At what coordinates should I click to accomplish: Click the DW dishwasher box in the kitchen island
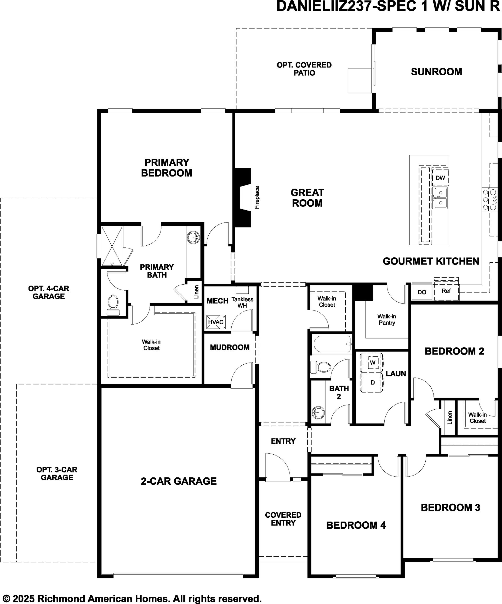[440, 178]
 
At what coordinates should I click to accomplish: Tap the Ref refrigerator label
[446, 291]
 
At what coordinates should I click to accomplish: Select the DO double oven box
[422, 292]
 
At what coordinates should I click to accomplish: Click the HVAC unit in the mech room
[216, 322]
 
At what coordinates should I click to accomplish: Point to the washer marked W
[373, 362]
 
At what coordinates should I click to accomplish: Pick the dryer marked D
[373, 382]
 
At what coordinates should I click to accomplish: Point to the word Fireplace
[257, 197]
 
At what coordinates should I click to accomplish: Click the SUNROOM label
[436, 72]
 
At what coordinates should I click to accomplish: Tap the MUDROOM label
[230, 347]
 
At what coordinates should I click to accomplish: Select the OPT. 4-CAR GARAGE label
[49, 292]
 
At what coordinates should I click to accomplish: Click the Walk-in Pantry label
[387, 320]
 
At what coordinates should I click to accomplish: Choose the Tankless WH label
[242, 302]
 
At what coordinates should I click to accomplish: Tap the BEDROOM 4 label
[356, 525]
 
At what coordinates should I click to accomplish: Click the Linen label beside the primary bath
[196, 292]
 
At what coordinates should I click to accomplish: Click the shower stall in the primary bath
[112, 246]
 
